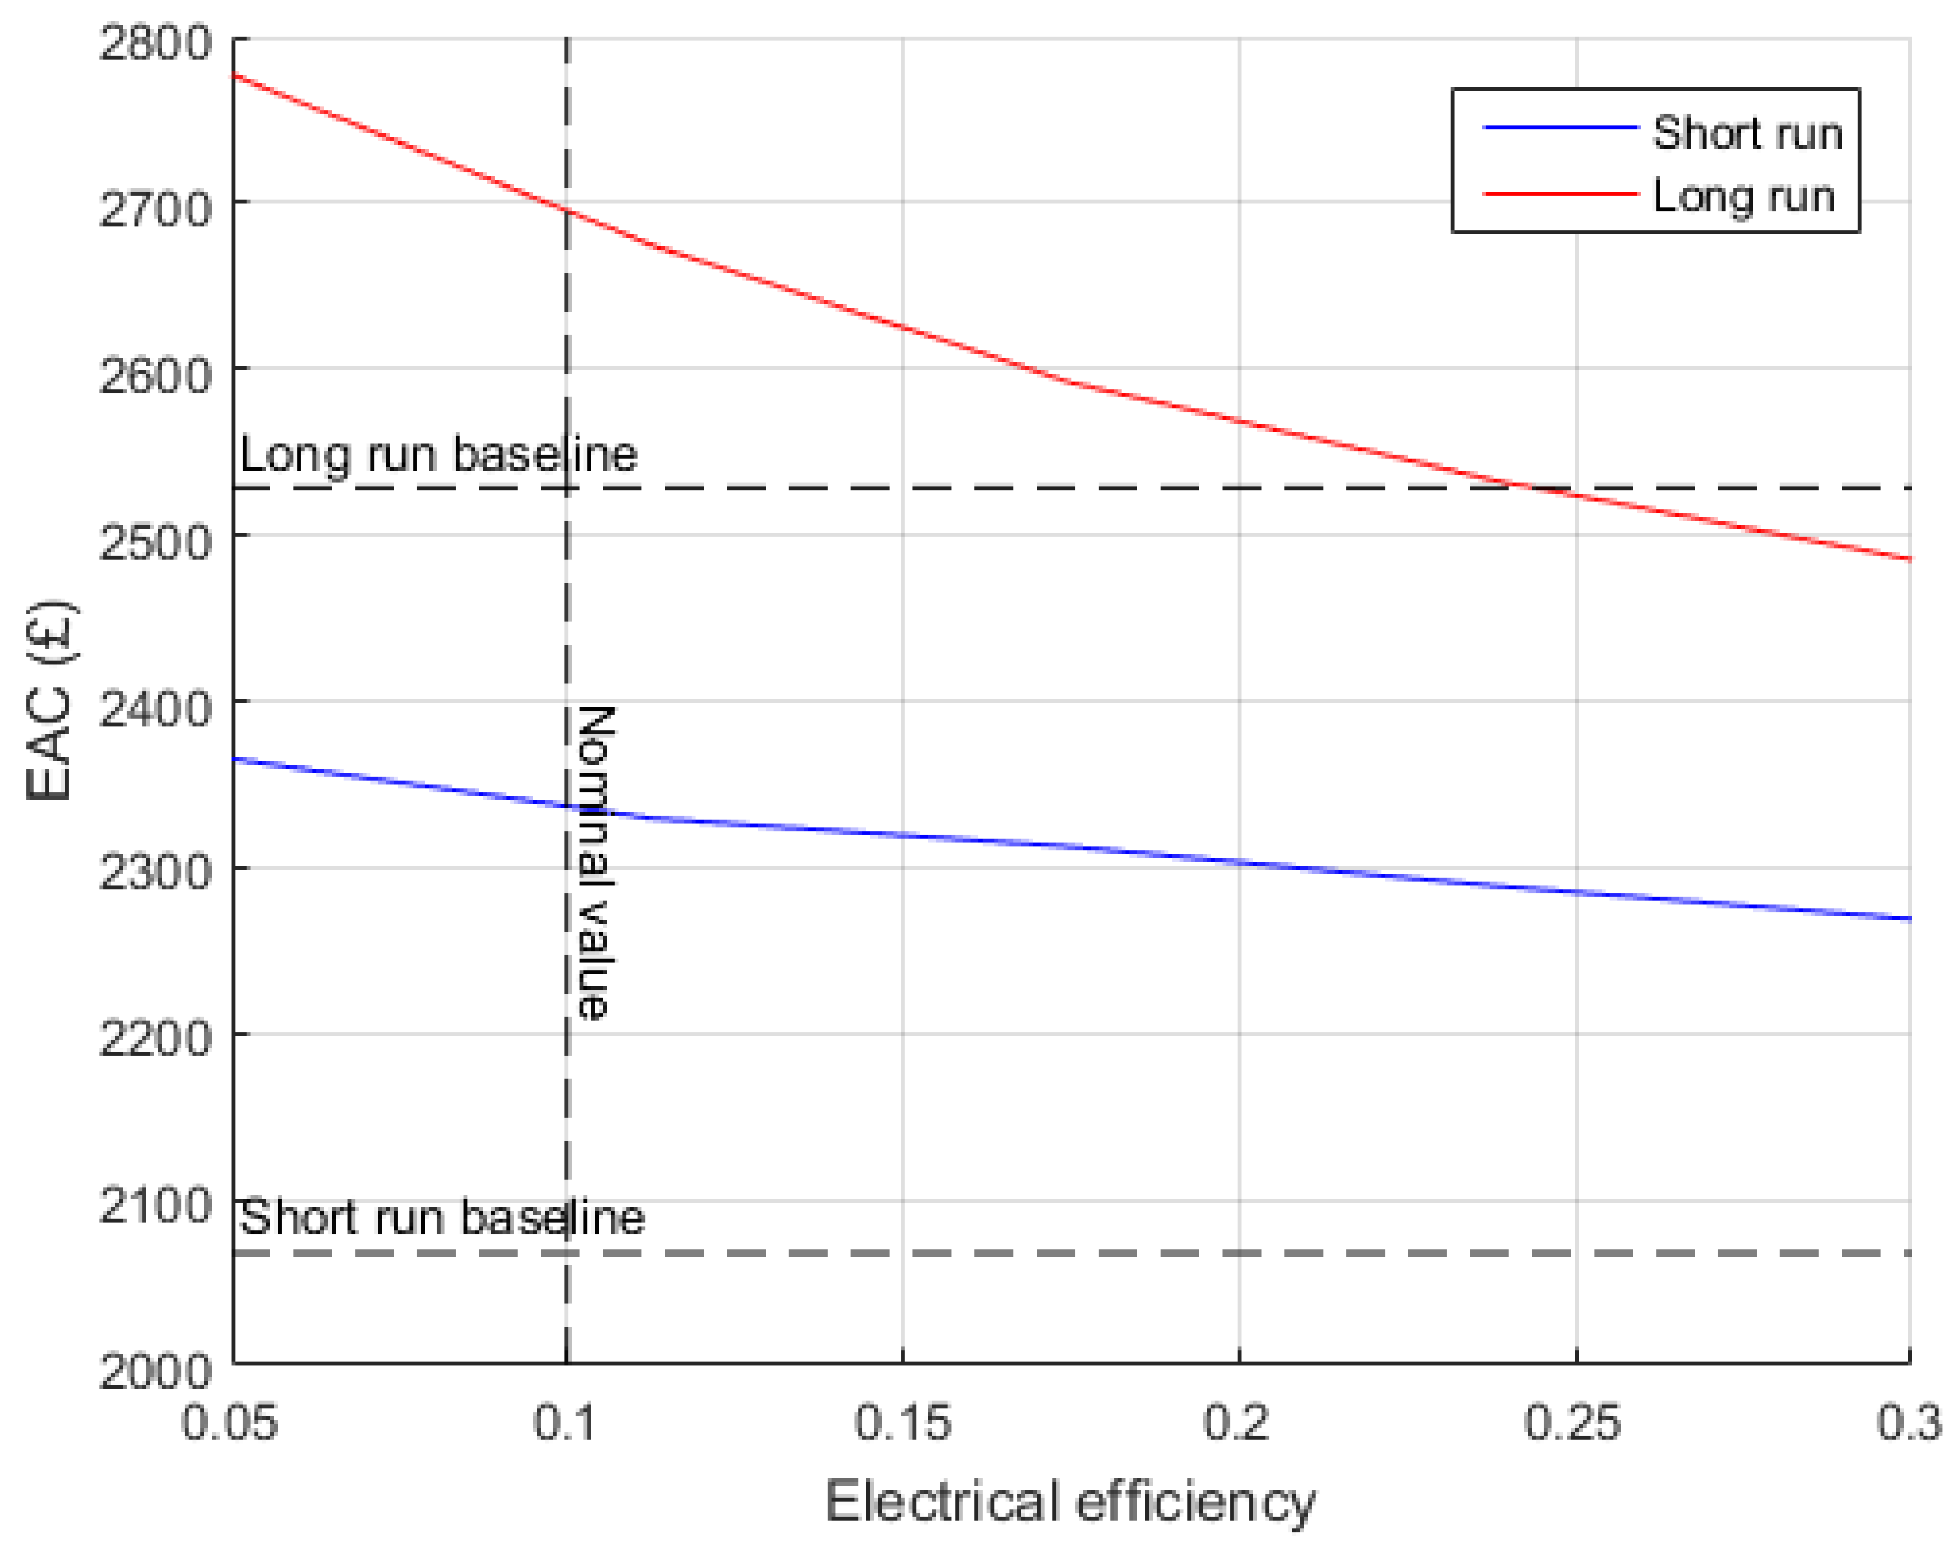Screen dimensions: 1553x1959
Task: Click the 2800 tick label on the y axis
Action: pyautogui.click(x=154, y=43)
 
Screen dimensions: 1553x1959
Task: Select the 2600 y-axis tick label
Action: pyautogui.click(x=154, y=376)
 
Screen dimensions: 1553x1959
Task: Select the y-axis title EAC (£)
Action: pyautogui.click(x=50, y=699)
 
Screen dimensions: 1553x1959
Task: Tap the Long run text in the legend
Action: pyautogui.click(x=1743, y=196)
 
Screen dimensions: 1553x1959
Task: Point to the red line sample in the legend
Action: pyautogui.click(x=1559, y=194)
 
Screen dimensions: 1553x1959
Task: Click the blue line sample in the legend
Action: pyautogui.click(x=1559, y=128)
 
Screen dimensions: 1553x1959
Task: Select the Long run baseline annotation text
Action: pyautogui.click(x=439, y=454)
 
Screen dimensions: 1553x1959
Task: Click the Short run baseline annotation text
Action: pyautogui.click(x=443, y=1219)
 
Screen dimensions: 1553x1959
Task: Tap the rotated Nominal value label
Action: pyautogui.click(x=596, y=862)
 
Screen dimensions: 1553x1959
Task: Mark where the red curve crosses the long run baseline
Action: pyautogui.click(x=1536, y=488)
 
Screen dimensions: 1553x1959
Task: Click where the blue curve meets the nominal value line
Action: pyautogui.click(x=567, y=805)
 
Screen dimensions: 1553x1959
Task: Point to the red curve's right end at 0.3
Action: pyautogui.click(x=1909, y=559)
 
